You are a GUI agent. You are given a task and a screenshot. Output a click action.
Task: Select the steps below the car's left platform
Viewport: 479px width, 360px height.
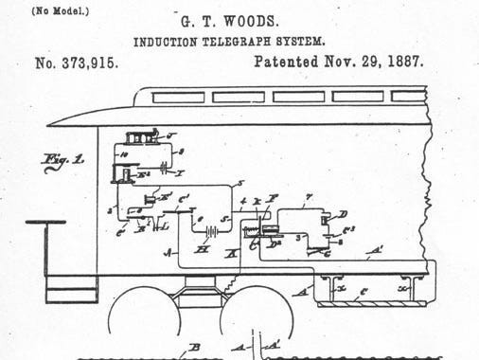click(71, 288)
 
